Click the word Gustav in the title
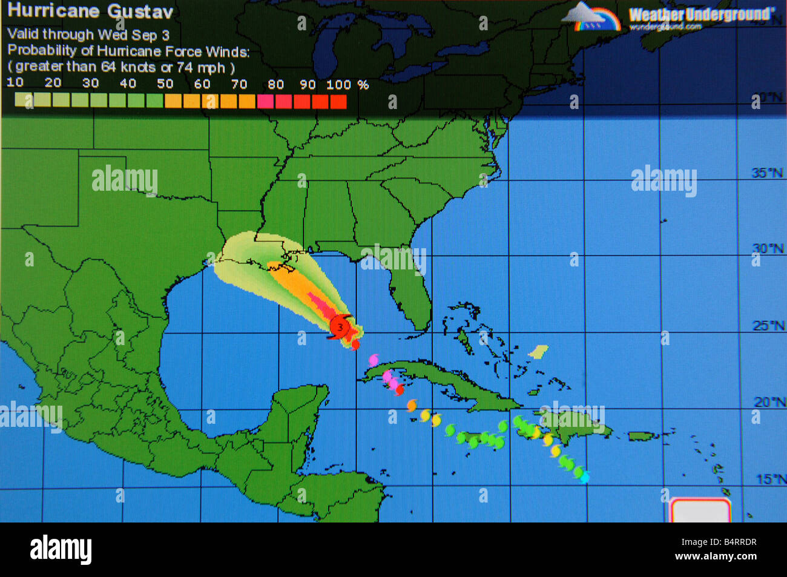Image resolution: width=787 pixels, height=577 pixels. (140, 12)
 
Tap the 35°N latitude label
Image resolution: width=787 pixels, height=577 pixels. (768, 173)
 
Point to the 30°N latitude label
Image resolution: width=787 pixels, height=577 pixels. (768, 249)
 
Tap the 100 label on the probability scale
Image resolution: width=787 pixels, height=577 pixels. (338, 85)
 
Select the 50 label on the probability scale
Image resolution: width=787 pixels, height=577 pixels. (165, 84)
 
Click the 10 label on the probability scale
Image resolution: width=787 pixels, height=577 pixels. (15, 82)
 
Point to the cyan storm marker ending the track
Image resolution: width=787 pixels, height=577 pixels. (584, 478)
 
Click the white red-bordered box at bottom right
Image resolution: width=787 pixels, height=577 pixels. (700, 510)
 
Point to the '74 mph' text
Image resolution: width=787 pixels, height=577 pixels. (200, 68)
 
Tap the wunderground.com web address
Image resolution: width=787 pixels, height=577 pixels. (665, 27)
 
